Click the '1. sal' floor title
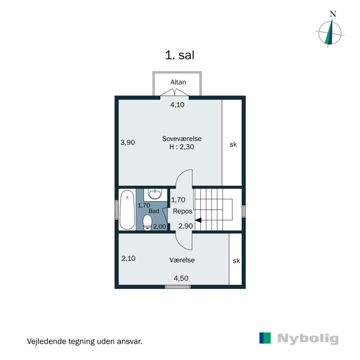click(180, 55)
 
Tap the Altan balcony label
click(178, 82)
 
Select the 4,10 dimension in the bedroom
click(177, 105)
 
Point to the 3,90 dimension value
click(128, 142)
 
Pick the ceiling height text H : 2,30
click(182, 147)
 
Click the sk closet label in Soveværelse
click(233, 144)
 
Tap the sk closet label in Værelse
click(236, 261)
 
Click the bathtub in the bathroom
click(127, 210)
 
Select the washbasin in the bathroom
click(155, 194)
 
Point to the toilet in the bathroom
click(148, 222)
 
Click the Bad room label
click(154, 211)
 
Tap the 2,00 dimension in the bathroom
click(160, 227)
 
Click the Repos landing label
click(183, 211)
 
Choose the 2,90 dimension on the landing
click(185, 226)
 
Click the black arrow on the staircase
click(198, 220)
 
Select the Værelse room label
click(182, 260)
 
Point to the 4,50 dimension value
click(181, 278)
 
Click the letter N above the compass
click(333, 14)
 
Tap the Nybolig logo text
click(308, 339)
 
